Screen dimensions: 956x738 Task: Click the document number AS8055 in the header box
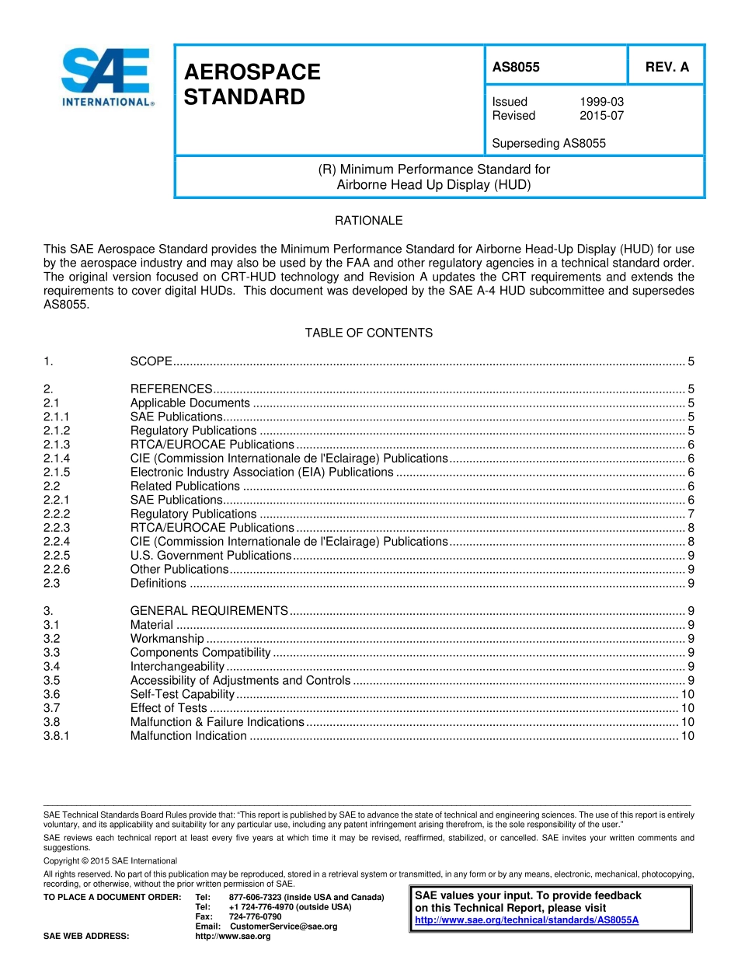pos(516,68)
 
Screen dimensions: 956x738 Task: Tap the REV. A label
pos(667,68)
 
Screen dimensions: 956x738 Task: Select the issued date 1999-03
pos(601,102)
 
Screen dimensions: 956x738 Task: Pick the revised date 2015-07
pos(601,116)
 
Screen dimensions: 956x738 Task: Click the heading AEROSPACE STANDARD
pos(252,85)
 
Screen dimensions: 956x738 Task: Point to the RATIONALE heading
pos(368,221)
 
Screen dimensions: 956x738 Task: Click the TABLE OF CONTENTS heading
pos(368,333)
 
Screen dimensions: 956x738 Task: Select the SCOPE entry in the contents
pos(151,361)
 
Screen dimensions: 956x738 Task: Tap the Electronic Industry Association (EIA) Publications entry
pos(262,473)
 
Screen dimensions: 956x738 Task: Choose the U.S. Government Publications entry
pos(211,556)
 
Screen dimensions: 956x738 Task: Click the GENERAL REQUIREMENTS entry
pos(209,611)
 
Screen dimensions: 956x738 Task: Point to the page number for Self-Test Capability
pos(687,694)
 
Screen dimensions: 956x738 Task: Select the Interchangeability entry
pos(177,667)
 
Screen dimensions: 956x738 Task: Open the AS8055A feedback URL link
pos(527,920)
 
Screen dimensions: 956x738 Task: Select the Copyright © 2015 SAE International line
pos(110,861)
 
